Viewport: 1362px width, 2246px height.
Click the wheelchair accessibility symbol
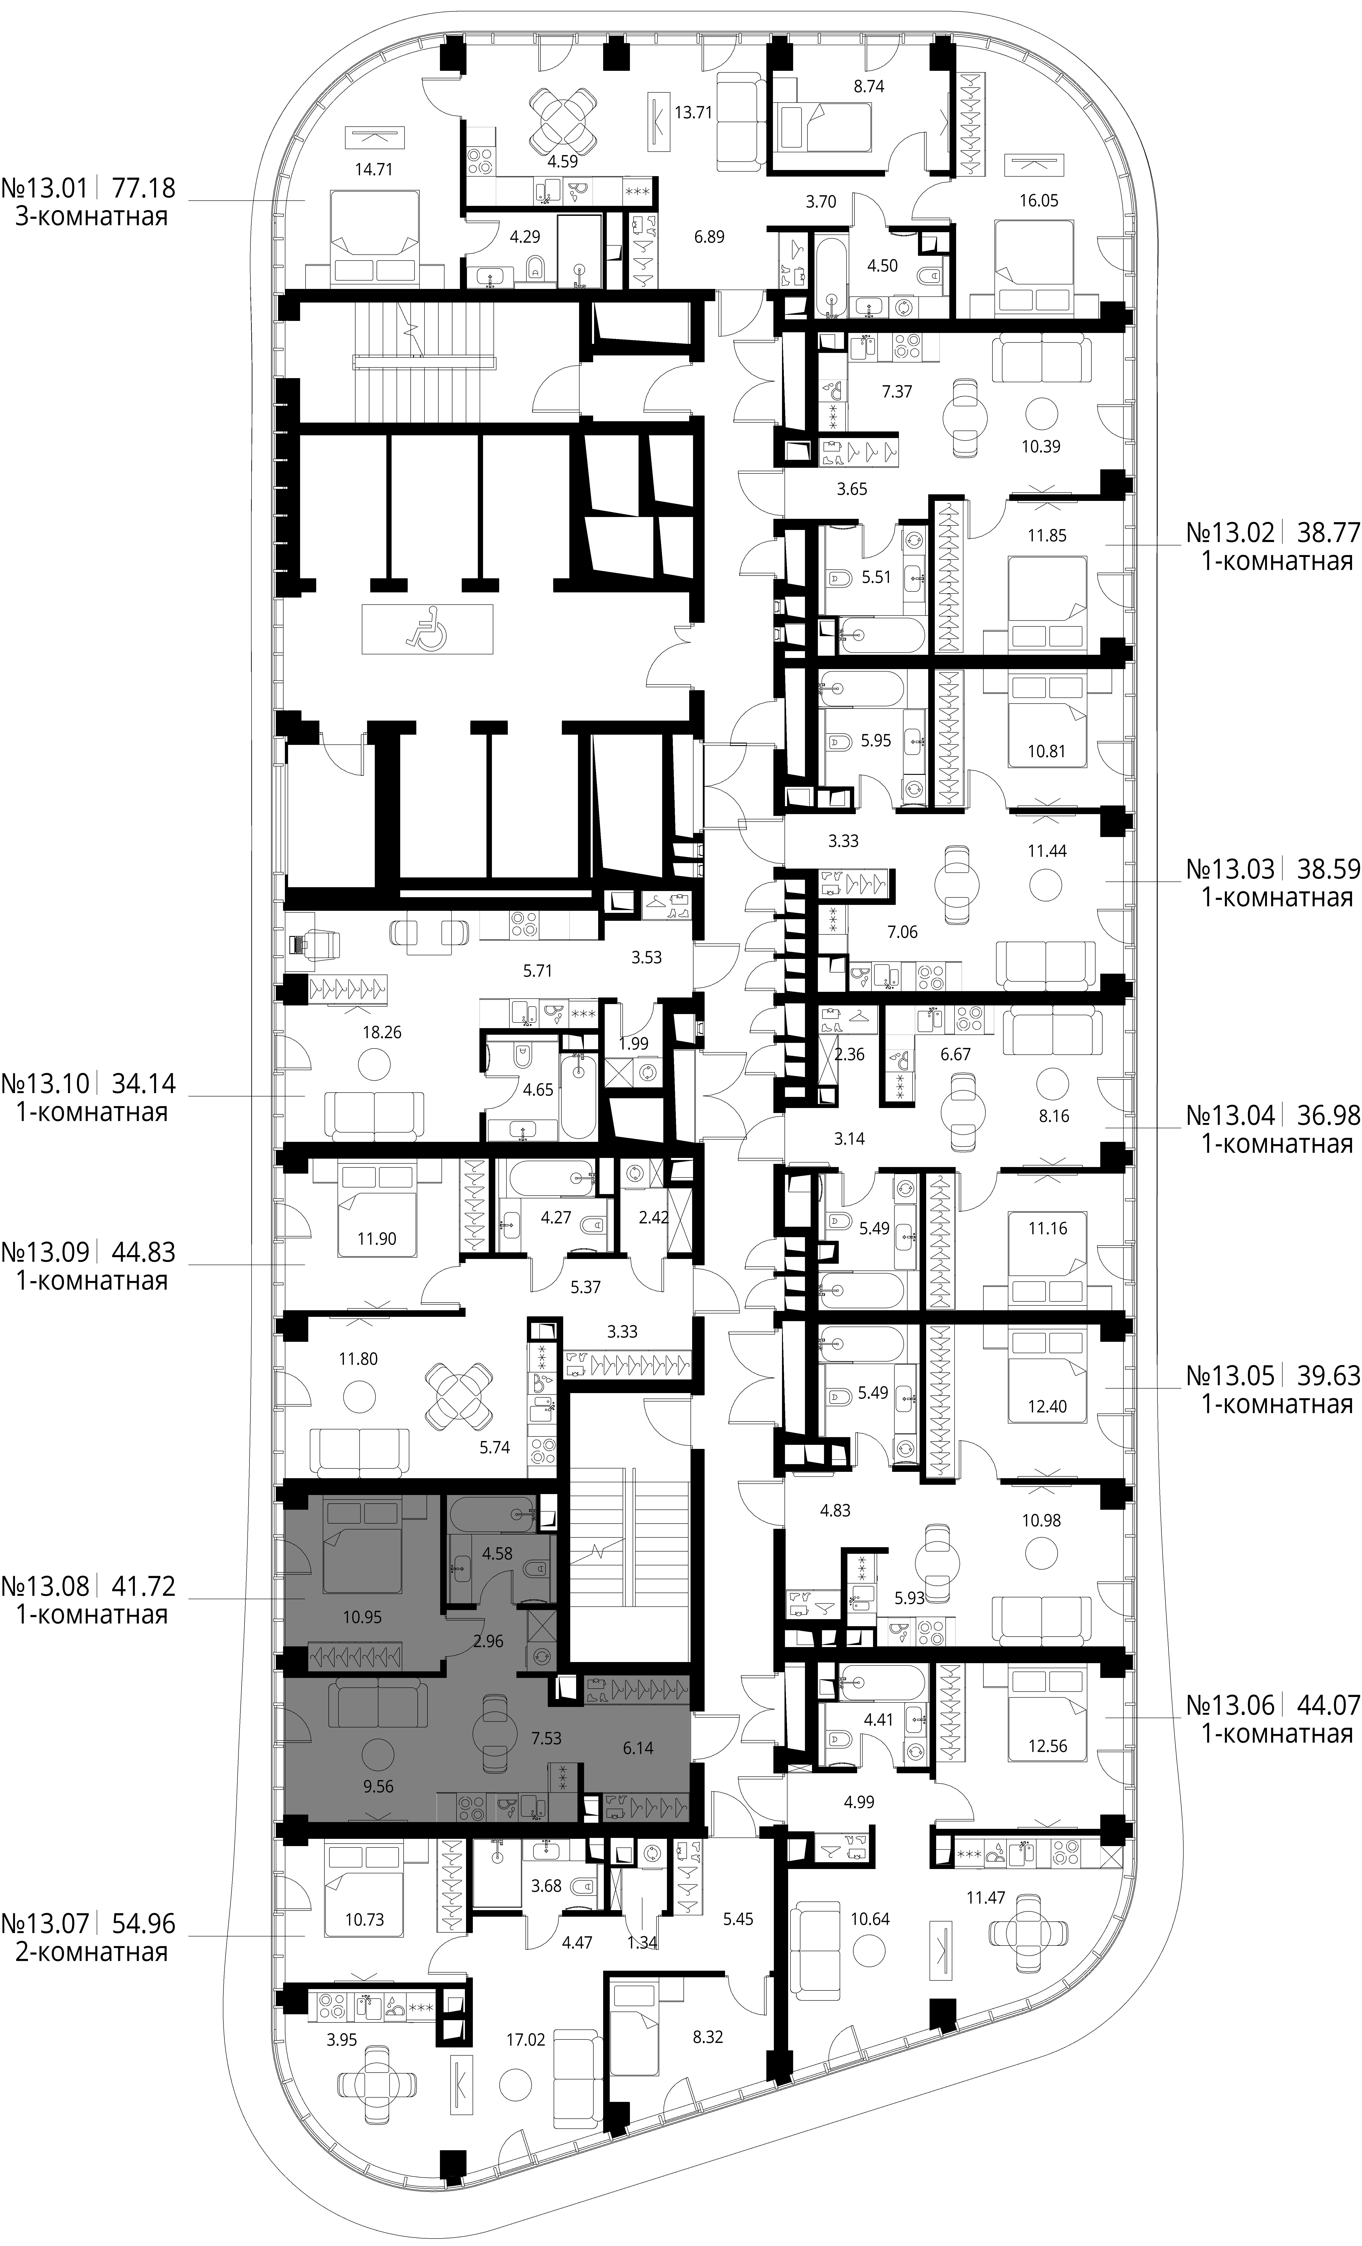[x=427, y=629]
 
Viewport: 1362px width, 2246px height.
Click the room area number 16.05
[x=1038, y=201]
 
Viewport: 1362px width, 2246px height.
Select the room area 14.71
[x=374, y=169]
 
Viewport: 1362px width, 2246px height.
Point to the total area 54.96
[x=143, y=1923]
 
